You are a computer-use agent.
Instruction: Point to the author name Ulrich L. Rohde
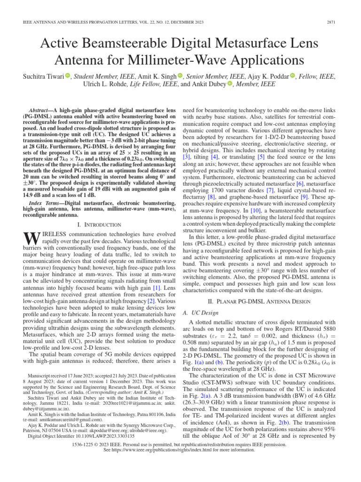116,84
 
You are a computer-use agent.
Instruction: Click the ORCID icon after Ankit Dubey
230,84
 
